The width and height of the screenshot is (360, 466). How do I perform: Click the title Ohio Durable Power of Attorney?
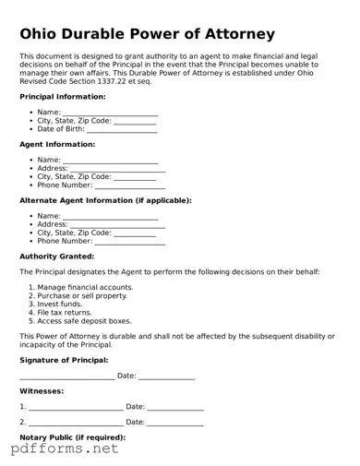pos(148,34)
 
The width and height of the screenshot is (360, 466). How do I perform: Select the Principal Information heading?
pos(62,96)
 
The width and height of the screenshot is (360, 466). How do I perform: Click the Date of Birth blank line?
pos(123,129)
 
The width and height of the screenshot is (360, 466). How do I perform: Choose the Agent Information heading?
pos(57,145)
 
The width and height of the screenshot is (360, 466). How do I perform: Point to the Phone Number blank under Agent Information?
pos(130,185)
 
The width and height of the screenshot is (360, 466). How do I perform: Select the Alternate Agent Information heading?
pos(105,200)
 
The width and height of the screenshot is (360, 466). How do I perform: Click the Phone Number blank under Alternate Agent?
pos(130,241)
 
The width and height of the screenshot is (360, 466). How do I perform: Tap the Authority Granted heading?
pos(56,257)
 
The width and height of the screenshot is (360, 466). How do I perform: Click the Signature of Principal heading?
pos(64,360)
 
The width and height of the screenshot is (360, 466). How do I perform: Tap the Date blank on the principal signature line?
pos(167,376)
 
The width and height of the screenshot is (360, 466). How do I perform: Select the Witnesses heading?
pos(42,391)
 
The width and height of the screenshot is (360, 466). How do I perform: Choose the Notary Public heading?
pos(72,436)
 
